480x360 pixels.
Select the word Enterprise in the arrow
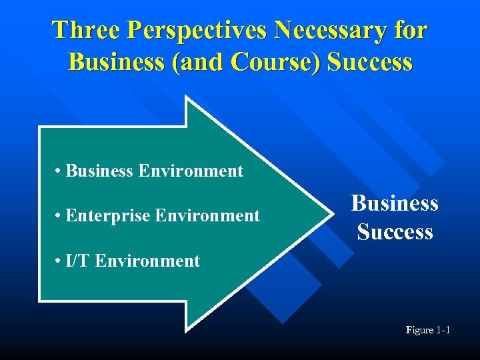pyautogui.click(x=108, y=216)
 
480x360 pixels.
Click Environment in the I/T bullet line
pyautogui.click(x=147, y=261)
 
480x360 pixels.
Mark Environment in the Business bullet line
pyautogui.click(x=191, y=171)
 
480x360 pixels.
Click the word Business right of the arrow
pyautogui.click(x=395, y=203)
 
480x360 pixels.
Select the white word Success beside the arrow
pyautogui.click(x=395, y=232)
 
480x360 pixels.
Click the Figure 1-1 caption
pyautogui.click(x=428, y=330)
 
